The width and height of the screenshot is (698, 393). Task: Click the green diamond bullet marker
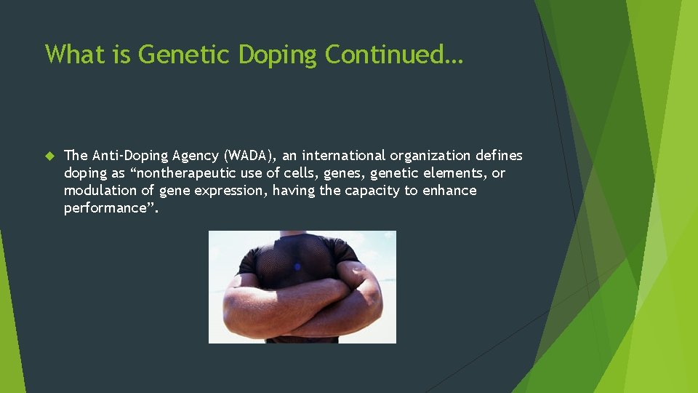point(49,156)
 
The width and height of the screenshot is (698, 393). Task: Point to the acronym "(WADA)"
point(250,156)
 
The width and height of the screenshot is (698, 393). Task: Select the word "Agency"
point(196,156)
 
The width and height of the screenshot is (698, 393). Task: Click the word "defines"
point(499,156)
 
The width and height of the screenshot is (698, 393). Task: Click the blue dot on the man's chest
point(297,267)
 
